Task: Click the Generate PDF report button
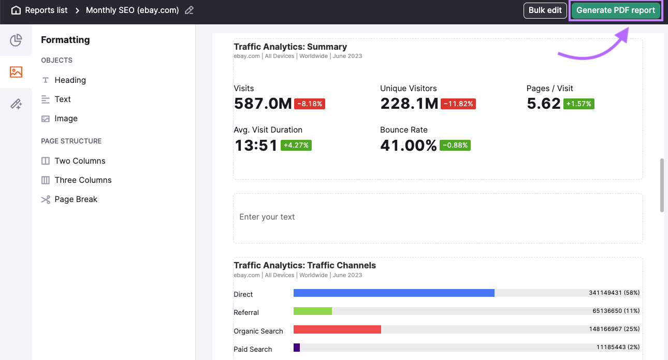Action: pos(615,10)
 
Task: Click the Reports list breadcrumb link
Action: pos(46,10)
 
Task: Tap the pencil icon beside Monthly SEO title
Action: pos(190,10)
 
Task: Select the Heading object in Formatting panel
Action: pos(70,80)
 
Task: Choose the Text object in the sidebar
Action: pos(63,99)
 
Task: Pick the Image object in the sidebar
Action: pos(66,119)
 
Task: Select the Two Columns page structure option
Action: pos(80,161)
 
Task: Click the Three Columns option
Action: pos(83,180)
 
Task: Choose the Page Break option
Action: pos(76,199)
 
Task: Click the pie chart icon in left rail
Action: pos(16,40)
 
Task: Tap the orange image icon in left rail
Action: pos(16,72)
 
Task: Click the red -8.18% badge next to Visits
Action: pos(310,104)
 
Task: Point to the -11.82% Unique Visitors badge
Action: pos(458,104)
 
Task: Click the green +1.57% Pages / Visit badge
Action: pos(579,104)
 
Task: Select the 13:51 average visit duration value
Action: pos(256,146)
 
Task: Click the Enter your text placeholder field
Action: pos(438,218)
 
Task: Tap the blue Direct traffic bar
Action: pos(394,293)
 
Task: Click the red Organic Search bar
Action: pos(337,329)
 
